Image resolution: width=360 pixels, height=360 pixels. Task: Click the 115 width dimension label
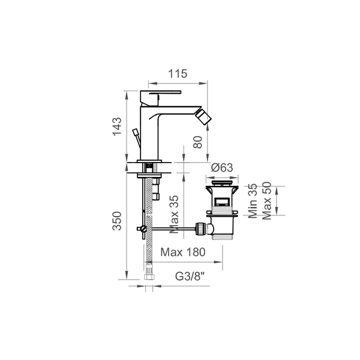[178, 74]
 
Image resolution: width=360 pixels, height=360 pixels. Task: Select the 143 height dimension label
[117, 126]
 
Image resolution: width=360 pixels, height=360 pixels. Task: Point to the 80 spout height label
[197, 142]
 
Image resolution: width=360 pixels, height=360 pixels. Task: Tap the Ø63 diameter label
[222, 167]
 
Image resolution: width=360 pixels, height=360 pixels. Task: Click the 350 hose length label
[117, 221]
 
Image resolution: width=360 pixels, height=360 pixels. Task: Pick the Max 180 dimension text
[183, 252]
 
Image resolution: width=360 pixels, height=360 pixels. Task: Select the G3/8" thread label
[190, 276]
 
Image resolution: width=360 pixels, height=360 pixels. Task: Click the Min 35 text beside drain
[253, 200]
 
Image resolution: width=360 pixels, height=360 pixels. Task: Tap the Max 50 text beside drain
[267, 200]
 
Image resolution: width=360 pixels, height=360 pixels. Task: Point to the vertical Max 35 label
[174, 214]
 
